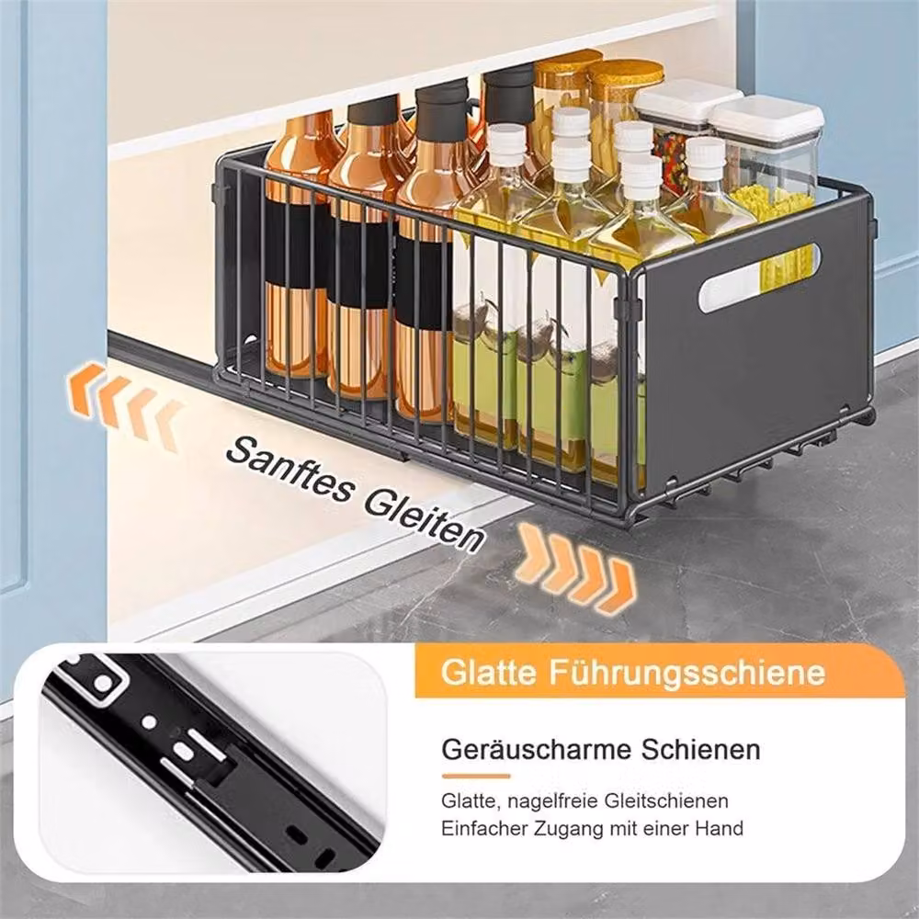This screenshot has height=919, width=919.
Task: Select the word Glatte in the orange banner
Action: [489, 673]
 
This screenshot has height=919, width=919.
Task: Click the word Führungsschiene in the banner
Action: [686, 673]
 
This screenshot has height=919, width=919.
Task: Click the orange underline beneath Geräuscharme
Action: [476, 777]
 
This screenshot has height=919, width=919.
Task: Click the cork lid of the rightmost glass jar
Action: [625, 73]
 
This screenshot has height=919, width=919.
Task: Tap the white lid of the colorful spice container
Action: [686, 100]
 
